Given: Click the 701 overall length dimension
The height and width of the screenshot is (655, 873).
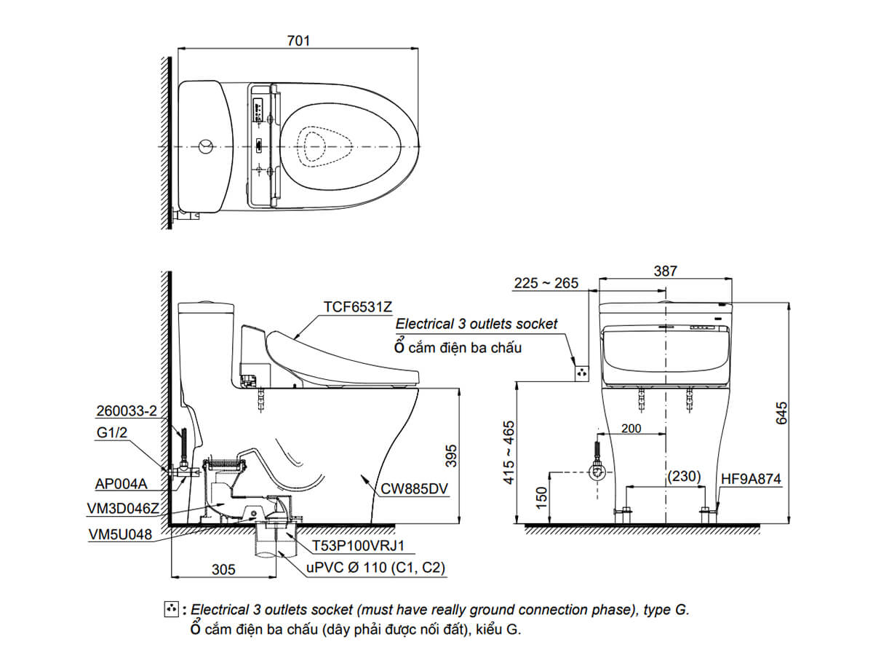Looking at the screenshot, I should click(x=298, y=41).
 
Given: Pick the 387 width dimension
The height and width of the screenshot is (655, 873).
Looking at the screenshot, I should click(x=665, y=271).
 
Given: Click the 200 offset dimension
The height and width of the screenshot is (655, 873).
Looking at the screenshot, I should click(x=631, y=429).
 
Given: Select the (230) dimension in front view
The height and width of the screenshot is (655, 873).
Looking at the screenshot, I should click(x=684, y=477).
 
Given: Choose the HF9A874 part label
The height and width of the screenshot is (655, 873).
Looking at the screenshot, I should click(x=751, y=479).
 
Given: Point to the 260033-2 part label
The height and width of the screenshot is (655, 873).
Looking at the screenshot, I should click(x=126, y=410).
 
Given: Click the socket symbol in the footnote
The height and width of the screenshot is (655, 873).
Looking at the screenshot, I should click(x=172, y=609).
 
